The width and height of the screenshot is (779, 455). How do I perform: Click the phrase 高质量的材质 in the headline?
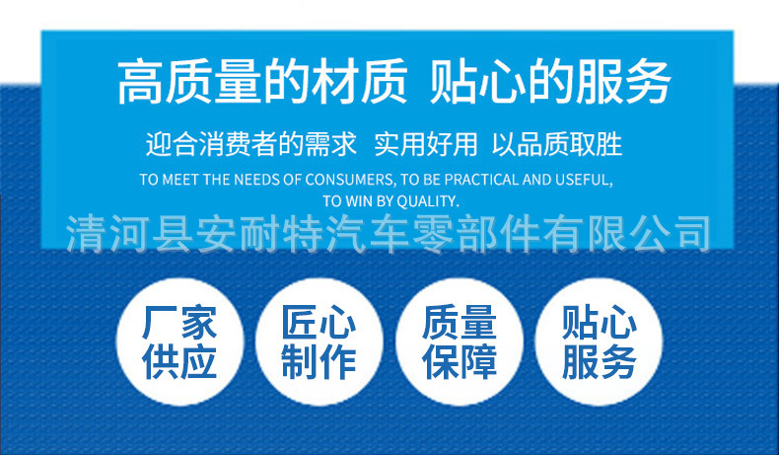(261, 82)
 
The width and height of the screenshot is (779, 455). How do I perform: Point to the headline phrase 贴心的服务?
(550, 82)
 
